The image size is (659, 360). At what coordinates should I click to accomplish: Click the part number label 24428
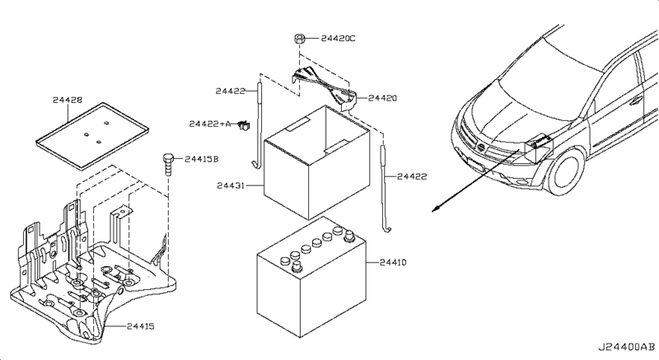[68, 100]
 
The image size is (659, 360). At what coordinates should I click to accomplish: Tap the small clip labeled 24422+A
[244, 125]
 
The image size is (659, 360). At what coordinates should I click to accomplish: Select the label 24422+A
[209, 124]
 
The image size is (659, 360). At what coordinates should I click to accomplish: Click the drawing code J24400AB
[627, 348]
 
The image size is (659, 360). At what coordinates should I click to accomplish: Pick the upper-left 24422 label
[231, 91]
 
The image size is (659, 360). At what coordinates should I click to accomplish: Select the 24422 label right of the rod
[413, 175]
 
